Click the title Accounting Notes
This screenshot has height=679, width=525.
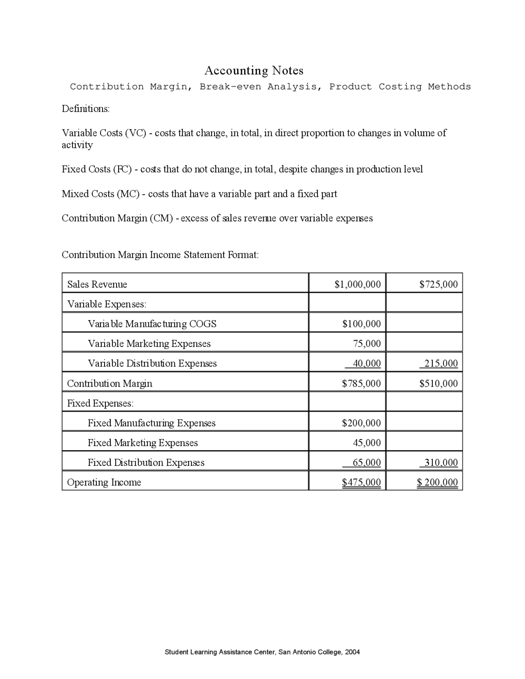[x=254, y=71]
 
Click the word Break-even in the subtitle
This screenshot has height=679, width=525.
[x=230, y=87]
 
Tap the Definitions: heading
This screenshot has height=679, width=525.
[x=86, y=109]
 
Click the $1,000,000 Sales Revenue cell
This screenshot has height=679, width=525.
[x=358, y=284]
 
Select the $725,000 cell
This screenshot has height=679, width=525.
[x=438, y=284]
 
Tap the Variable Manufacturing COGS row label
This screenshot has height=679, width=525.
[x=152, y=324]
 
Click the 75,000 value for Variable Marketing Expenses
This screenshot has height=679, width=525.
[x=367, y=344]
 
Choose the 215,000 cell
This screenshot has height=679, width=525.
[x=441, y=363]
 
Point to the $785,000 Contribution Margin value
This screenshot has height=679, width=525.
[x=361, y=383]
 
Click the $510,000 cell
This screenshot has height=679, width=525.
[x=438, y=383]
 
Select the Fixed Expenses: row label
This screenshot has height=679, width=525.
[x=100, y=403]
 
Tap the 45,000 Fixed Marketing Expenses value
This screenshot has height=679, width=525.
[x=367, y=443]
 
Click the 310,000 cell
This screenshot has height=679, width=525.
[x=441, y=463]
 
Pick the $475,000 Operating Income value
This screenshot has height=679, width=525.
[x=361, y=482]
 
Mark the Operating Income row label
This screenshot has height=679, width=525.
[x=104, y=482]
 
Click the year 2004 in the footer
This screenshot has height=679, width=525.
[x=352, y=652]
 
